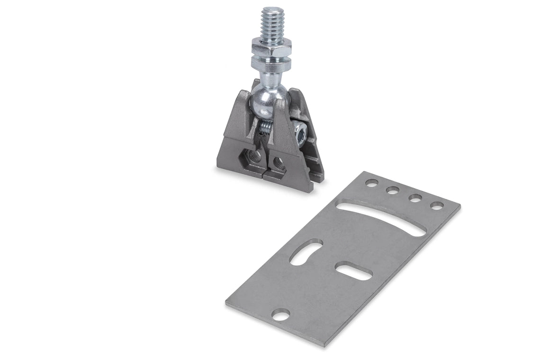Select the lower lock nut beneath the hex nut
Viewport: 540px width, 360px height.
(271, 61)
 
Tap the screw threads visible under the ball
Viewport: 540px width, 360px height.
(266, 127)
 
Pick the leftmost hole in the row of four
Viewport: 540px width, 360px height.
(371, 182)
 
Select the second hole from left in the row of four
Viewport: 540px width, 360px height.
(393, 190)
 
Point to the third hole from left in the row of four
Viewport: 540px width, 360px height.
(415, 198)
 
